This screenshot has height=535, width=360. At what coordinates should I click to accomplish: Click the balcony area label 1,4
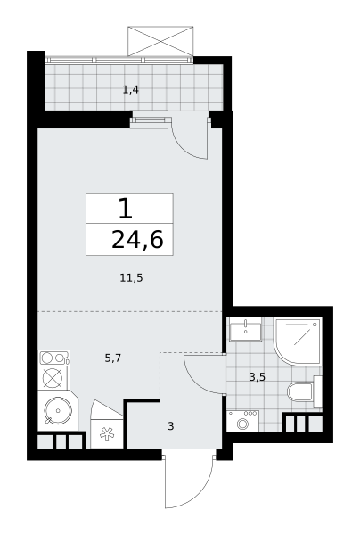[131, 90]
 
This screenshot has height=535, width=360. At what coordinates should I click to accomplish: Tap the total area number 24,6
[137, 240]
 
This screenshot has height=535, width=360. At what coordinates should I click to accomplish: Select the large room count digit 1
[126, 209]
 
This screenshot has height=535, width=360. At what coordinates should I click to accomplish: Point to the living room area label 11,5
[131, 278]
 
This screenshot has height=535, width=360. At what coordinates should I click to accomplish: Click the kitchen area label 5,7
[113, 358]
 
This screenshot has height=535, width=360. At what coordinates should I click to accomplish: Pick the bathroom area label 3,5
[258, 377]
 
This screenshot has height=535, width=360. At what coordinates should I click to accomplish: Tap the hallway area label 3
[171, 426]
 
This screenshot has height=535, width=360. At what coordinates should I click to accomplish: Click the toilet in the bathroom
[305, 391]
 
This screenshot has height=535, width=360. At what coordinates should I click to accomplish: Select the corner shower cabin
[298, 342]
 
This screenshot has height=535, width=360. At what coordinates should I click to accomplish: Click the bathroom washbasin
[245, 329]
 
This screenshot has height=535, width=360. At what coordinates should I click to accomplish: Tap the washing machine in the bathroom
[242, 421]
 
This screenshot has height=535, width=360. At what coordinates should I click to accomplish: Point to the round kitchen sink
[58, 410]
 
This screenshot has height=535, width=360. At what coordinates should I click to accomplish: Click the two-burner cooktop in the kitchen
[53, 358]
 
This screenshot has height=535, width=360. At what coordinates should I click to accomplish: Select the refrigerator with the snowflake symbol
[106, 424]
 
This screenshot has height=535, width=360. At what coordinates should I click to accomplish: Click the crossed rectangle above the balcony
[160, 41]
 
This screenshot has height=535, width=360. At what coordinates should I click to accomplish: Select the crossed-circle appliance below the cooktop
[53, 378]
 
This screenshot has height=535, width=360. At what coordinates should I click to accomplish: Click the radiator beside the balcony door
[150, 120]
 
